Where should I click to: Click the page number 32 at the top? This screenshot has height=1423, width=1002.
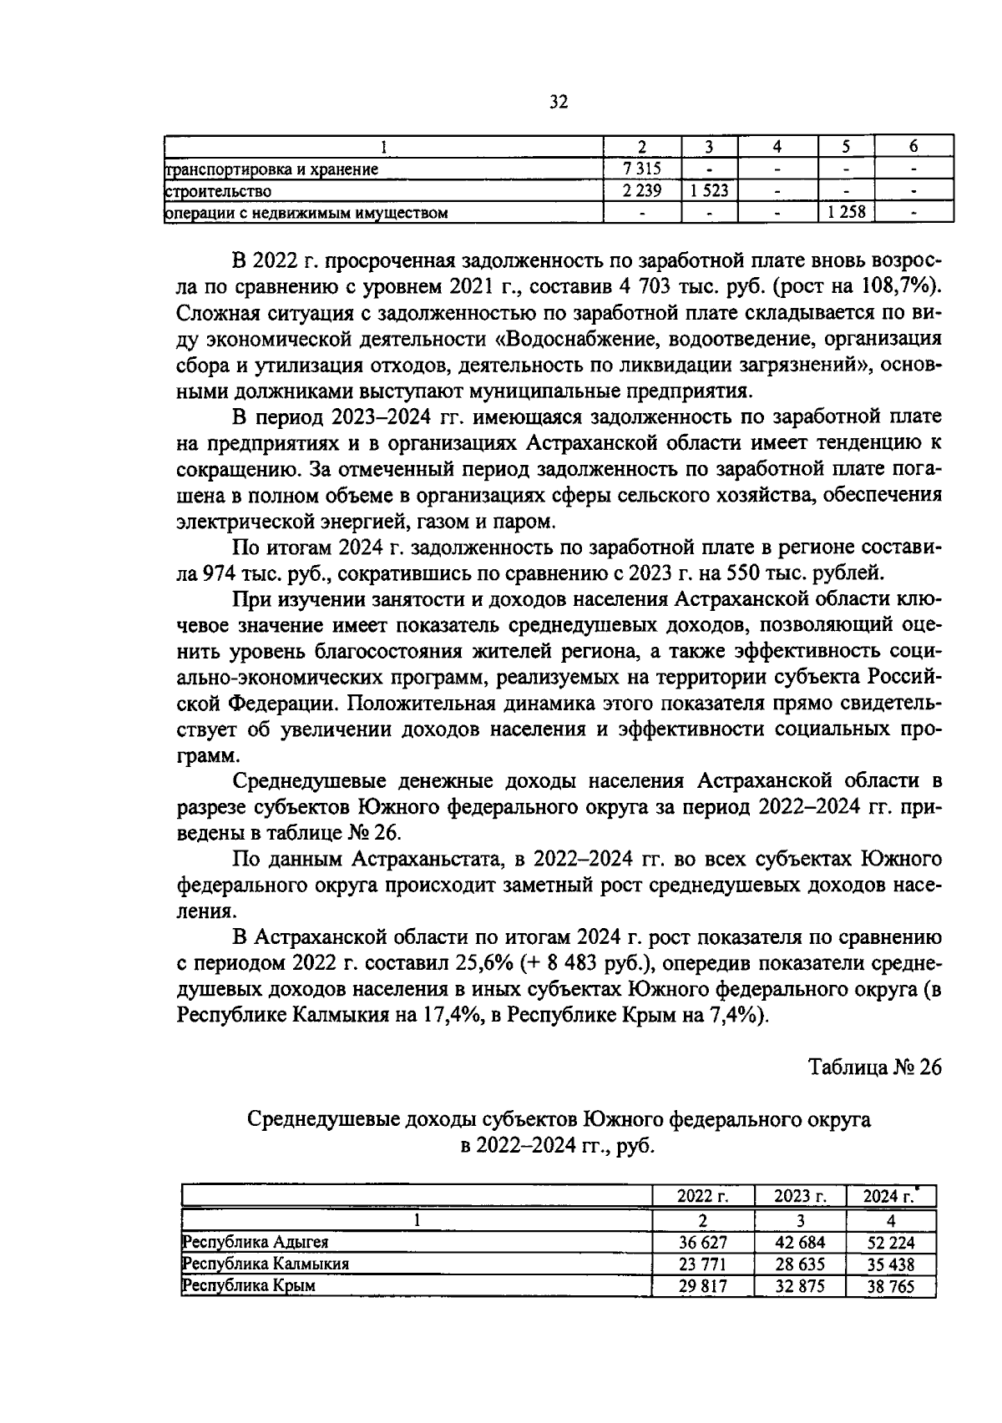[x=559, y=102]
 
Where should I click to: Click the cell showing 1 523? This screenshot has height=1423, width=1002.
[x=709, y=190]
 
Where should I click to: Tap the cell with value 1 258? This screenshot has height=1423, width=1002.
[x=846, y=212]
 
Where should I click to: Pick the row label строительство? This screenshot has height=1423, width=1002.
[x=219, y=191]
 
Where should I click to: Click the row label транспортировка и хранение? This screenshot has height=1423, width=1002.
[x=272, y=169]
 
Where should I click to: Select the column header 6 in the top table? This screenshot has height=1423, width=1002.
[x=913, y=147]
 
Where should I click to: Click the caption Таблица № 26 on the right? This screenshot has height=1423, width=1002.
[x=875, y=1067]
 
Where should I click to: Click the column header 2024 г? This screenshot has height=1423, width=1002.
[x=888, y=1196]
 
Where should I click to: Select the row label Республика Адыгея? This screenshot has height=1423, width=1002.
[x=256, y=1242]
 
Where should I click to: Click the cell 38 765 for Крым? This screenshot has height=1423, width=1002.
[x=890, y=1286]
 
